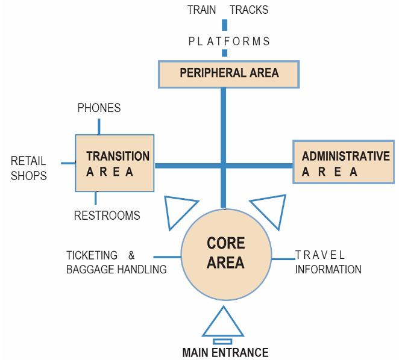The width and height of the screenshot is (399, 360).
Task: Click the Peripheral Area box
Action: tap(228, 73)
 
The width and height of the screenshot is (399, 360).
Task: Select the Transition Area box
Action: tap(115, 163)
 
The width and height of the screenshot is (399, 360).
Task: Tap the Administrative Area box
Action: tap(344, 163)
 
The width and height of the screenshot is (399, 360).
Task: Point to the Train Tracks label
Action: tap(227, 10)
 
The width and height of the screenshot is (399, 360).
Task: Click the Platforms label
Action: tap(229, 42)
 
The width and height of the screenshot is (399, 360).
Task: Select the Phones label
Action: tap(99, 108)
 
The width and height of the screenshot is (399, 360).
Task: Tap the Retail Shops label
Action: tap(28, 168)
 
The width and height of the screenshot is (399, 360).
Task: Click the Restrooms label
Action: tap(107, 216)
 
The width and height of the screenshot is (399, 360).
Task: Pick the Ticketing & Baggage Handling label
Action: tap(116, 262)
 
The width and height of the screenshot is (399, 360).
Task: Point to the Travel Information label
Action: tap(327, 262)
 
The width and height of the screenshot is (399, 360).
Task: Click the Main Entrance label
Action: tap(225, 353)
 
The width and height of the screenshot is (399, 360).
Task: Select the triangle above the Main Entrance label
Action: tap(223, 323)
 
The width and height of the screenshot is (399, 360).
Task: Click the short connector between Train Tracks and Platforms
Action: tap(225, 25)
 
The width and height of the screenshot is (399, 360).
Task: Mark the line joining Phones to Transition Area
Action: tap(99, 126)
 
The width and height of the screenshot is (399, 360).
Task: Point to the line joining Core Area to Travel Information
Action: tap(282, 259)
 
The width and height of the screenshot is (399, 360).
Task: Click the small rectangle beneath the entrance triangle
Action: tap(222, 341)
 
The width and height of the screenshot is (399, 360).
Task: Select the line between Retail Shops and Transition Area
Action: tap(68, 162)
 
